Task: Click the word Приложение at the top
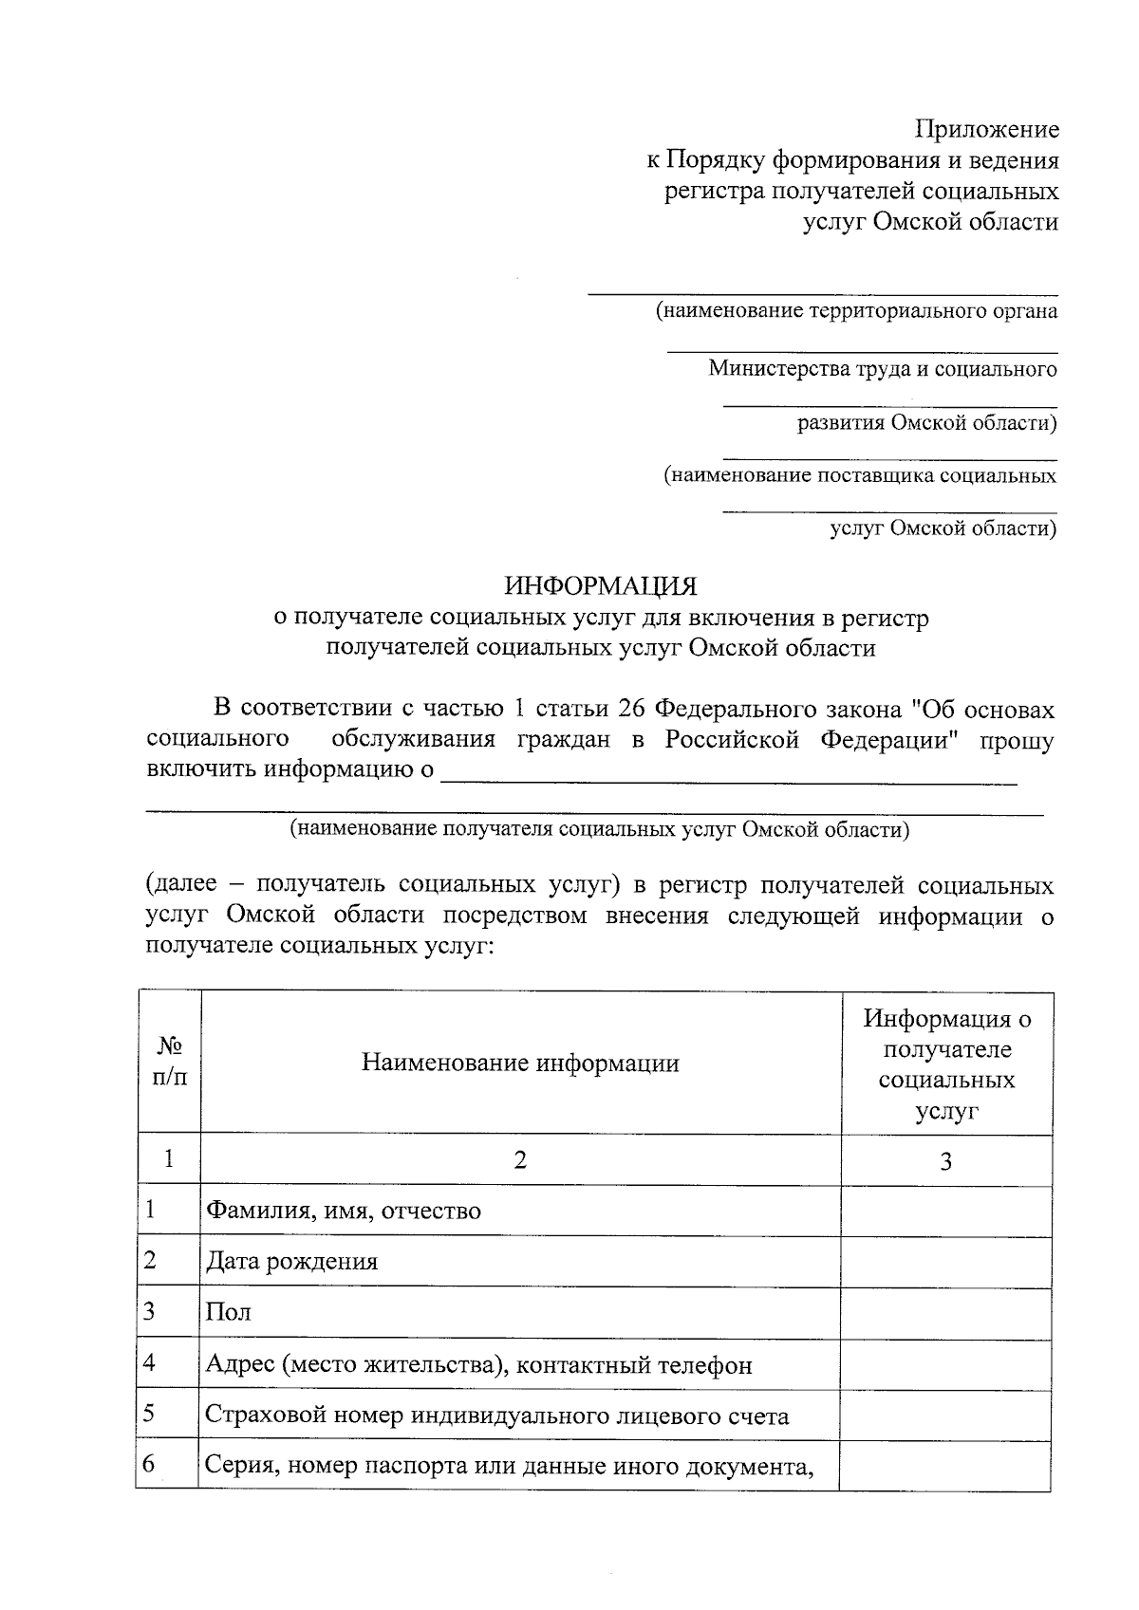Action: [987, 129]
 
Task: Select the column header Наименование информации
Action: [520, 1063]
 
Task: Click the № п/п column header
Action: [170, 1063]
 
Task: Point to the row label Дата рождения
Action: [292, 1262]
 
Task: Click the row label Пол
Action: [229, 1313]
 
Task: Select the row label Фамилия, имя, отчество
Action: [344, 1212]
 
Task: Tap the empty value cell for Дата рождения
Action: [946, 1262]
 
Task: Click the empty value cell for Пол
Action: [946, 1313]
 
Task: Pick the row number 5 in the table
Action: [150, 1415]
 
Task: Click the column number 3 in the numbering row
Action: [946, 1161]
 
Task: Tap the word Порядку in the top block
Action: [715, 160]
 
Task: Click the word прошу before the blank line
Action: [1016, 740]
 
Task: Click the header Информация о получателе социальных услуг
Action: [946, 1064]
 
